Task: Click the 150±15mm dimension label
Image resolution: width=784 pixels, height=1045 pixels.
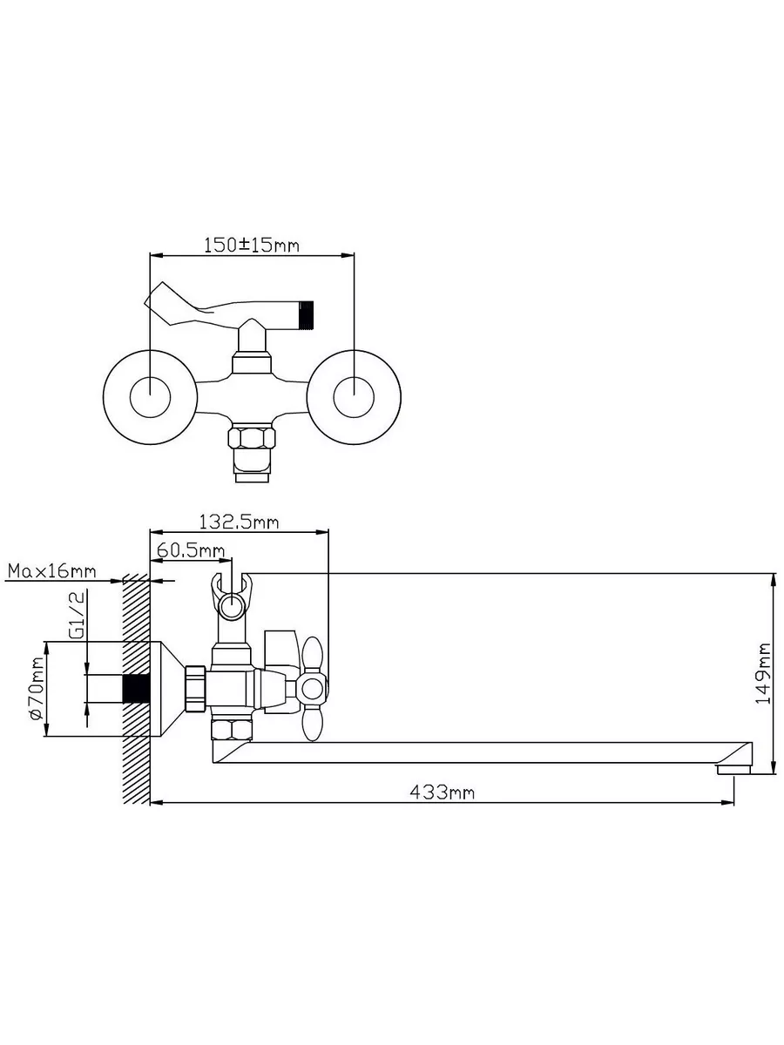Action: tap(251, 245)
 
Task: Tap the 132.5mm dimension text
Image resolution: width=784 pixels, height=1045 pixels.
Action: tap(240, 522)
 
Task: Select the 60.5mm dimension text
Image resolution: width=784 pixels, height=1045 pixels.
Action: tap(191, 550)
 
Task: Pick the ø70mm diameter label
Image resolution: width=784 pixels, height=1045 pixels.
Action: tap(35, 689)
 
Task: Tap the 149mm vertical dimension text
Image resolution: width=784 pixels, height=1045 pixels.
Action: tap(763, 673)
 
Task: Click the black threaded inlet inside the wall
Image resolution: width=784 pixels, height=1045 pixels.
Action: tap(136, 688)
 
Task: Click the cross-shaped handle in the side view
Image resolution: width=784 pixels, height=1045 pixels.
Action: tap(311, 688)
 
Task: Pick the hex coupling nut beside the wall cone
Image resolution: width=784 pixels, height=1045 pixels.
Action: tap(195, 689)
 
